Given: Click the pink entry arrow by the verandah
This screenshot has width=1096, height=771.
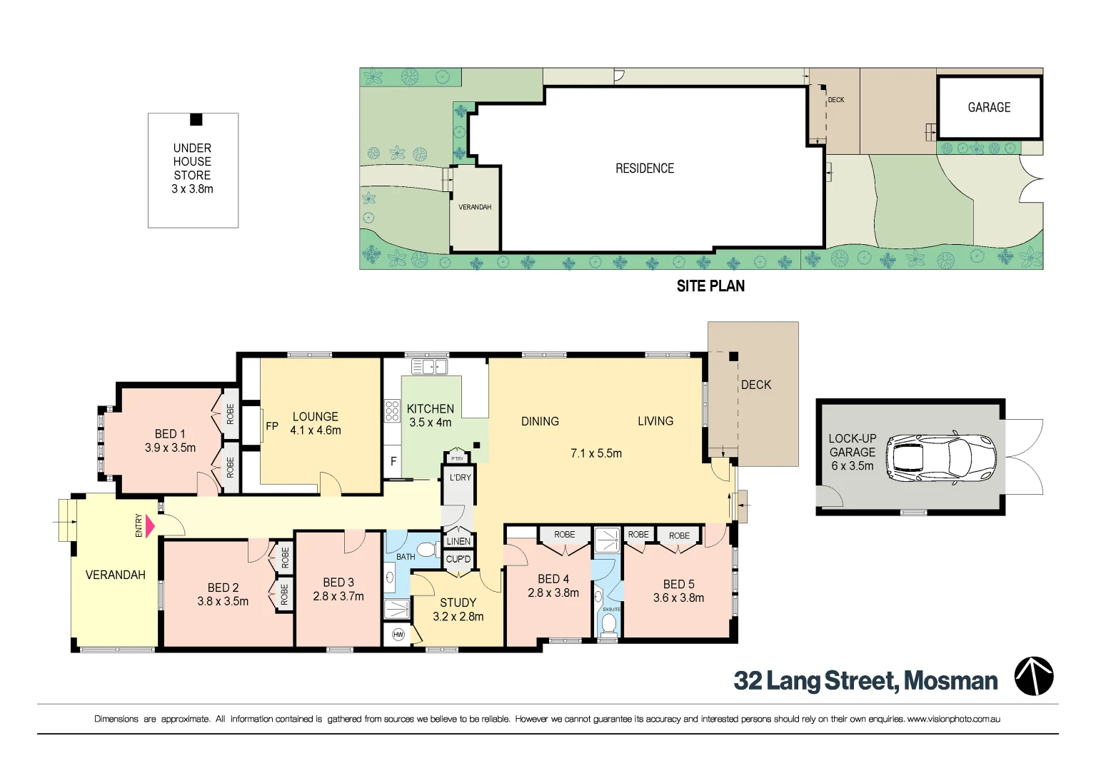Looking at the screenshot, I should [x=150, y=526].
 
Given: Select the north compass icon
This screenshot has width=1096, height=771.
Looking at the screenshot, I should [x=1034, y=676].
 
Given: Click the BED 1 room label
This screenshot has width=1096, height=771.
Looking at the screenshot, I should [x=170, y=434].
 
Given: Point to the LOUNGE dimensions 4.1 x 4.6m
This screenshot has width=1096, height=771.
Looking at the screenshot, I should [x=316, y=430].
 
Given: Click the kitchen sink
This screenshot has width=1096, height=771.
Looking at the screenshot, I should [x=429, y=367].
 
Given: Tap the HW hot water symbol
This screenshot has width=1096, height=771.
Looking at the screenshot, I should [x=398, y=635].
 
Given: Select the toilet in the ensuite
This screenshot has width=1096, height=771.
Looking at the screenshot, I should [x=608, y=624].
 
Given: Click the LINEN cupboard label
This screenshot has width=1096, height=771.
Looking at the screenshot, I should [x=458, y=541].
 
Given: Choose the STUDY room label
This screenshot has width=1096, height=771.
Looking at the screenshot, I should [x=458, y=603].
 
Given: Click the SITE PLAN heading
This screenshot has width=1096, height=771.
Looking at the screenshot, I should [x=710, y=286].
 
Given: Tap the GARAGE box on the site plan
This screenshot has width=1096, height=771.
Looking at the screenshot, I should [x=989, y=108].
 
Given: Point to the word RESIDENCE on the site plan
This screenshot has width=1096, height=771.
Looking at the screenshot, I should [x=645, y=168].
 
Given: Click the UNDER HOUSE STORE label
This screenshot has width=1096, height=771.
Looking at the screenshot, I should [x=192, y=162].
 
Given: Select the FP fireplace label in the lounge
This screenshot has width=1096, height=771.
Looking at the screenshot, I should [x=272, y=426].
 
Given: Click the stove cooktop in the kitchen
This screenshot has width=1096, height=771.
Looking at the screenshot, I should [x=392, y=411].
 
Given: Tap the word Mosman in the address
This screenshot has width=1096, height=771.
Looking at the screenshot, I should [x=950, y=681].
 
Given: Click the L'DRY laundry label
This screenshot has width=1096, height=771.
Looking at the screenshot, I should [x=460, y=478].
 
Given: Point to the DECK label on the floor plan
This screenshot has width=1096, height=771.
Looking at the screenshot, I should [x=756, y=385].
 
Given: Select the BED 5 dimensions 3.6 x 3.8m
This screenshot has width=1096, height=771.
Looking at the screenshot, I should [x=678, y=598].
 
